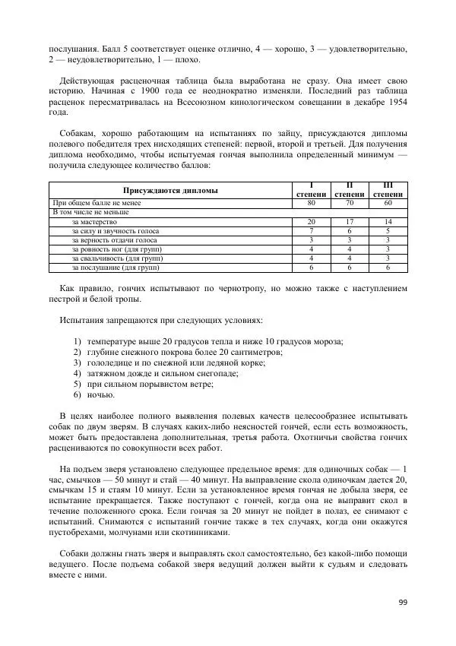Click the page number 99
(403, 603)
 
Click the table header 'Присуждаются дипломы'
(170, 190)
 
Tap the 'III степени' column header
(388, 190)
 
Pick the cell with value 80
(312, 203)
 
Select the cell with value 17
(349, 221)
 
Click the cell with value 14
(388, 221)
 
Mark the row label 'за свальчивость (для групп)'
(117, 258)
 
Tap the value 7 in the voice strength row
(312, 230)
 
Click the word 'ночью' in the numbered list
(101, 395)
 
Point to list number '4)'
(78, 373)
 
